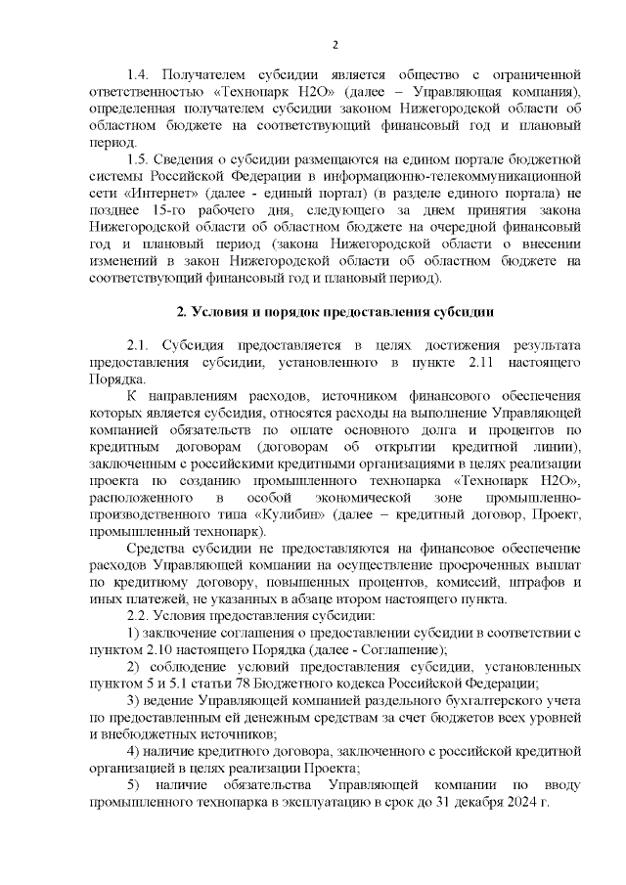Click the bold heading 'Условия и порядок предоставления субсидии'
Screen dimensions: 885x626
[342, 312]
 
